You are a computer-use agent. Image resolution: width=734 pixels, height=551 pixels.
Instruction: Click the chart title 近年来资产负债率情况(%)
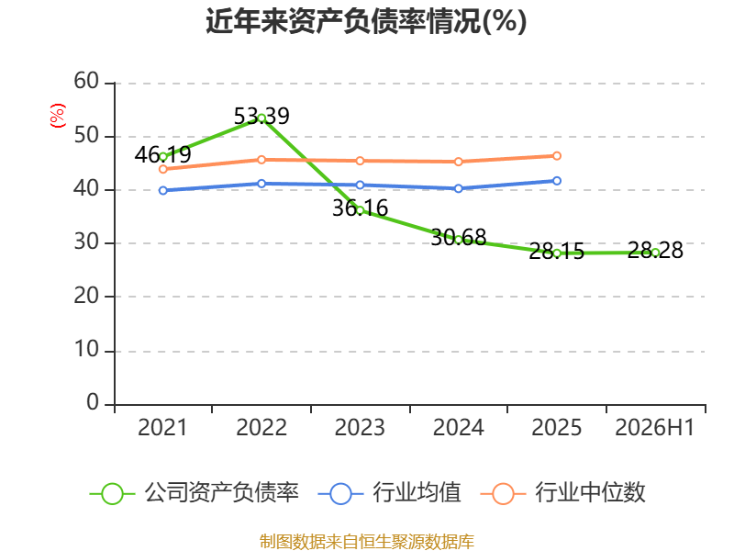tap(366, 21)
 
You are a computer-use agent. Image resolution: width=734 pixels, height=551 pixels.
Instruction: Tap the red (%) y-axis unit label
tap(57, 116)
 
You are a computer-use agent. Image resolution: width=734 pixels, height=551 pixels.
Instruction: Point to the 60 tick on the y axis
tap(86, 82)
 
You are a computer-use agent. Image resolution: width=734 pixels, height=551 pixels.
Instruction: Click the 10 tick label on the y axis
tap(86, 350)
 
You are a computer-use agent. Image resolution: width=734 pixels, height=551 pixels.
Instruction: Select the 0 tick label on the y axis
tap(93, 403)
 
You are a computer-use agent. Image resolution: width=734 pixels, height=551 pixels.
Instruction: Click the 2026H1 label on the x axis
tap(655, 427)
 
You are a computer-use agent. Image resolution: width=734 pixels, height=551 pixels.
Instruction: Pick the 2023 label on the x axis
tap(360, 427)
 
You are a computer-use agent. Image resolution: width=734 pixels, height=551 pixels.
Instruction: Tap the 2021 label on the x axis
tap(162, 427)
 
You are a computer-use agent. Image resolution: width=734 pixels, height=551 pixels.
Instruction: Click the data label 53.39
tap(261, 117)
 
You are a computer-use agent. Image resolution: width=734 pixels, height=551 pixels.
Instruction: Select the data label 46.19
tap(163, 154)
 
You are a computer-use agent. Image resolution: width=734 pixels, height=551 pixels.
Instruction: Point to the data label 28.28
tap(655, 250)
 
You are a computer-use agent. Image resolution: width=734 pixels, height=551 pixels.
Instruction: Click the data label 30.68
tap(459, 238)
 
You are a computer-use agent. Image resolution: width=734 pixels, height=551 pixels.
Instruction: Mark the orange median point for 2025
tap(557, 156)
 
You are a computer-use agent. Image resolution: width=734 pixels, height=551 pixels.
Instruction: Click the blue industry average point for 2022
tap(261, 184)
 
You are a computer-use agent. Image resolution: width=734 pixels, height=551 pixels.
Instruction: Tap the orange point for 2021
tap(163, 169)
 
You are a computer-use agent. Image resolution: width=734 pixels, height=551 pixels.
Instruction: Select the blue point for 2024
tap(459, 189)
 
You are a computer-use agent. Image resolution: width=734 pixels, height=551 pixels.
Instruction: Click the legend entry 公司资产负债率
tap(195, 493)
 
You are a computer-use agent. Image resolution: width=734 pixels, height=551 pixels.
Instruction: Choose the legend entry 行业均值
tap(389, 493)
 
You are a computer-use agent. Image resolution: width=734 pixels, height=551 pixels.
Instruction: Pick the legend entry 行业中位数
tap(563, 493)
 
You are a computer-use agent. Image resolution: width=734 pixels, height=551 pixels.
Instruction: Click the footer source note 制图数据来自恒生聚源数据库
tap(367, 542)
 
